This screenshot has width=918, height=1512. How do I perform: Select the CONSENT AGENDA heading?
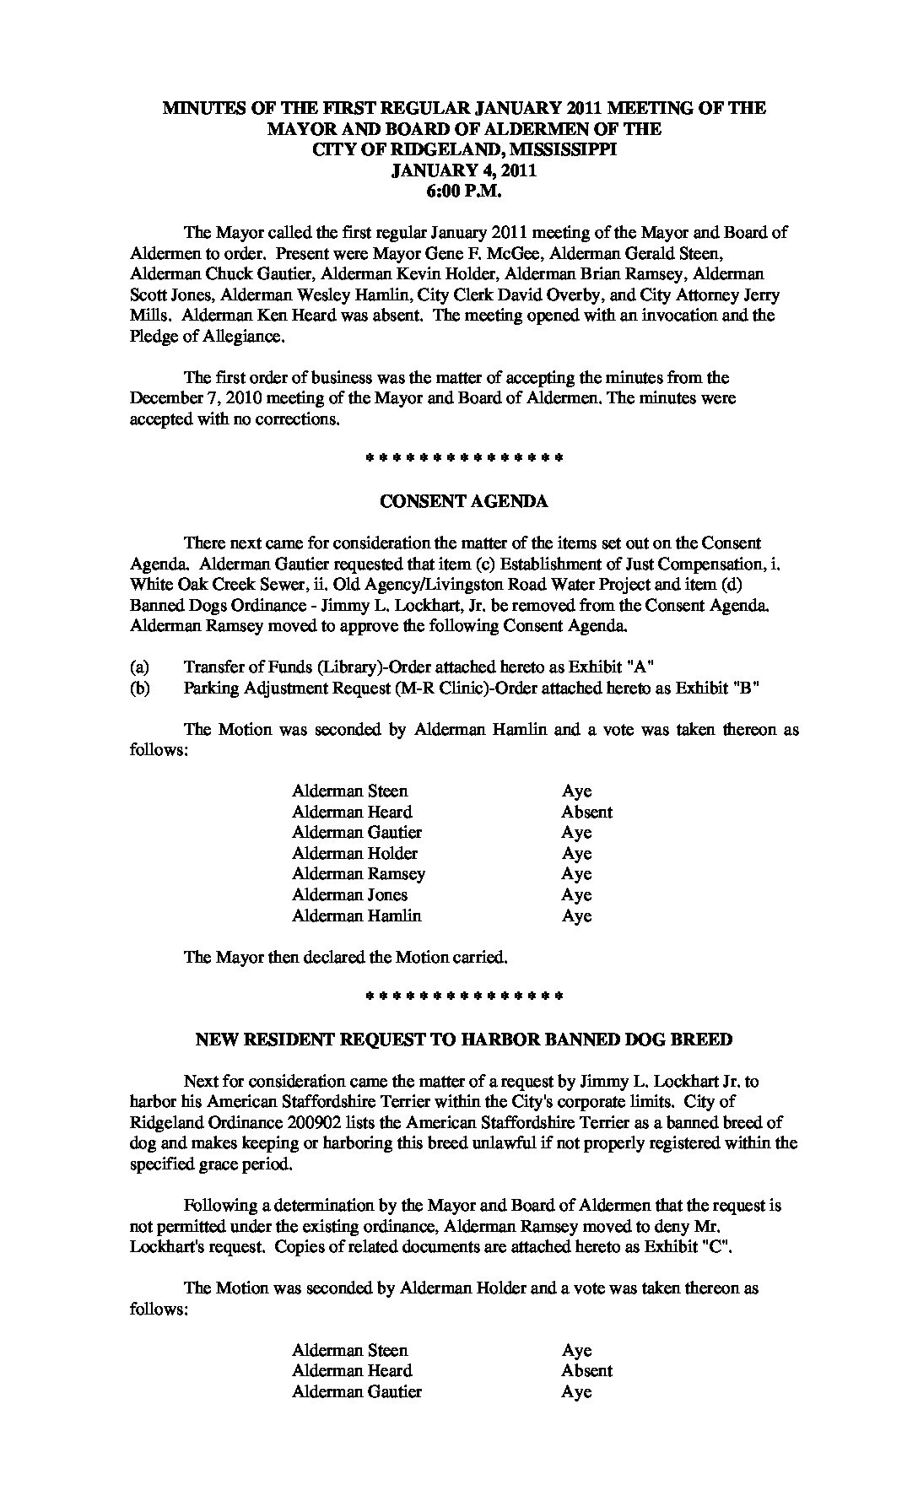[x=463, y=501]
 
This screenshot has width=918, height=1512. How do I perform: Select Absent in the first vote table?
[x=586, y=812]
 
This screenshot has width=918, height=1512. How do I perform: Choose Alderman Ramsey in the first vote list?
[x=359, y=874]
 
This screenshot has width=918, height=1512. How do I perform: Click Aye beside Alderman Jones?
[x=577, y=895]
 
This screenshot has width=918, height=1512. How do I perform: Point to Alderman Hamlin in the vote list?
[x=356, y=915]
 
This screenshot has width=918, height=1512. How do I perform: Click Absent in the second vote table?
[x=586, y=1371]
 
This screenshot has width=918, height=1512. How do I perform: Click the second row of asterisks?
[x=463, y=997]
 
